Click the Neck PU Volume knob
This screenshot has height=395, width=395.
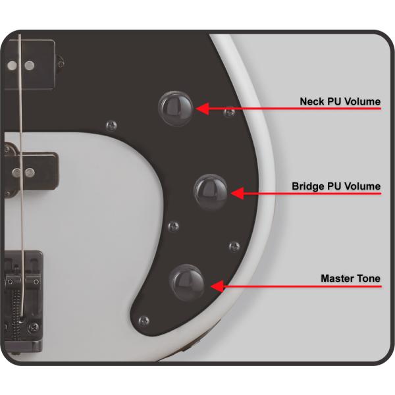click(176, 109)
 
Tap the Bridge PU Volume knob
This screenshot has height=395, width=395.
click(211, 192)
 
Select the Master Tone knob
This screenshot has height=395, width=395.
click(187, 282)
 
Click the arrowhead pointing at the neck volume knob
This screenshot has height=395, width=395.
click(203, 109)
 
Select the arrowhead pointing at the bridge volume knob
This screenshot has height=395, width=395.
click(237, 194)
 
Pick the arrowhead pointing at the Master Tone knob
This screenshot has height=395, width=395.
click(217, 286)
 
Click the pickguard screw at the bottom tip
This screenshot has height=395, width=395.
click(144, 321)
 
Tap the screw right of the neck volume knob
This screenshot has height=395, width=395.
click(230, 112)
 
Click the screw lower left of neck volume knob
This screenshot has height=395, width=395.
click(111, 125)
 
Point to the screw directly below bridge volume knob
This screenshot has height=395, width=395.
click(174, 226)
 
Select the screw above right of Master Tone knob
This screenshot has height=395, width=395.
click(234, 247)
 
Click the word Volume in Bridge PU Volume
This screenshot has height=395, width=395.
click(362, 186)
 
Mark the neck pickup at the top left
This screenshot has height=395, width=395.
click(30, 65)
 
